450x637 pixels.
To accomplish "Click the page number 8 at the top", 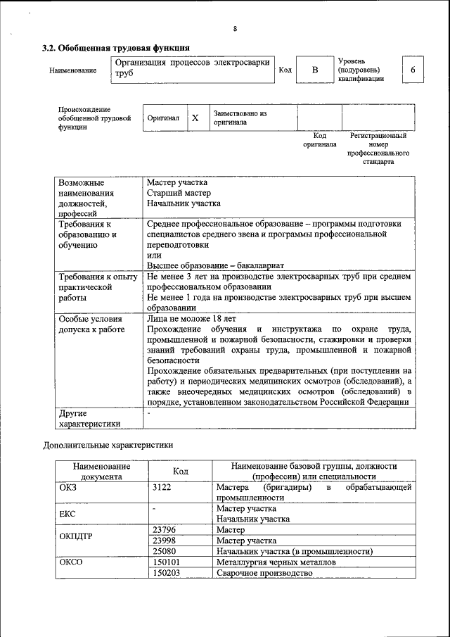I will click(236, 29).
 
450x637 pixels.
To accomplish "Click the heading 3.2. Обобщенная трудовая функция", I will click(116, 48).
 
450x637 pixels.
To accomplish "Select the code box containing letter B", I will click(315, 70).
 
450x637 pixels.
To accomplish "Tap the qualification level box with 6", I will click(413, 70).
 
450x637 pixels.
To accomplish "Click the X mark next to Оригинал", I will click(195, 118).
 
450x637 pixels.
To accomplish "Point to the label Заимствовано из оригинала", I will click(240, 117).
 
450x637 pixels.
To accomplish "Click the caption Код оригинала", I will click(319, 139).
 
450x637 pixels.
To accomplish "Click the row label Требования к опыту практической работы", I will click(98, 287).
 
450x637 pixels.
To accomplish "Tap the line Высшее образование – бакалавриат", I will click(215, 265).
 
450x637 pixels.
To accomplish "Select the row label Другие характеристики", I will click(90, 418).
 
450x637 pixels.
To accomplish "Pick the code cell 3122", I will click(162, 487).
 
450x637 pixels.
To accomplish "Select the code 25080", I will click(164, 551).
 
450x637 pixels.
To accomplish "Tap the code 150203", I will click(166, 574).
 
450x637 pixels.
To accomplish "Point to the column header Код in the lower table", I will click(179, 471).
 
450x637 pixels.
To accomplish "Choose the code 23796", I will click(164, 529).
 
